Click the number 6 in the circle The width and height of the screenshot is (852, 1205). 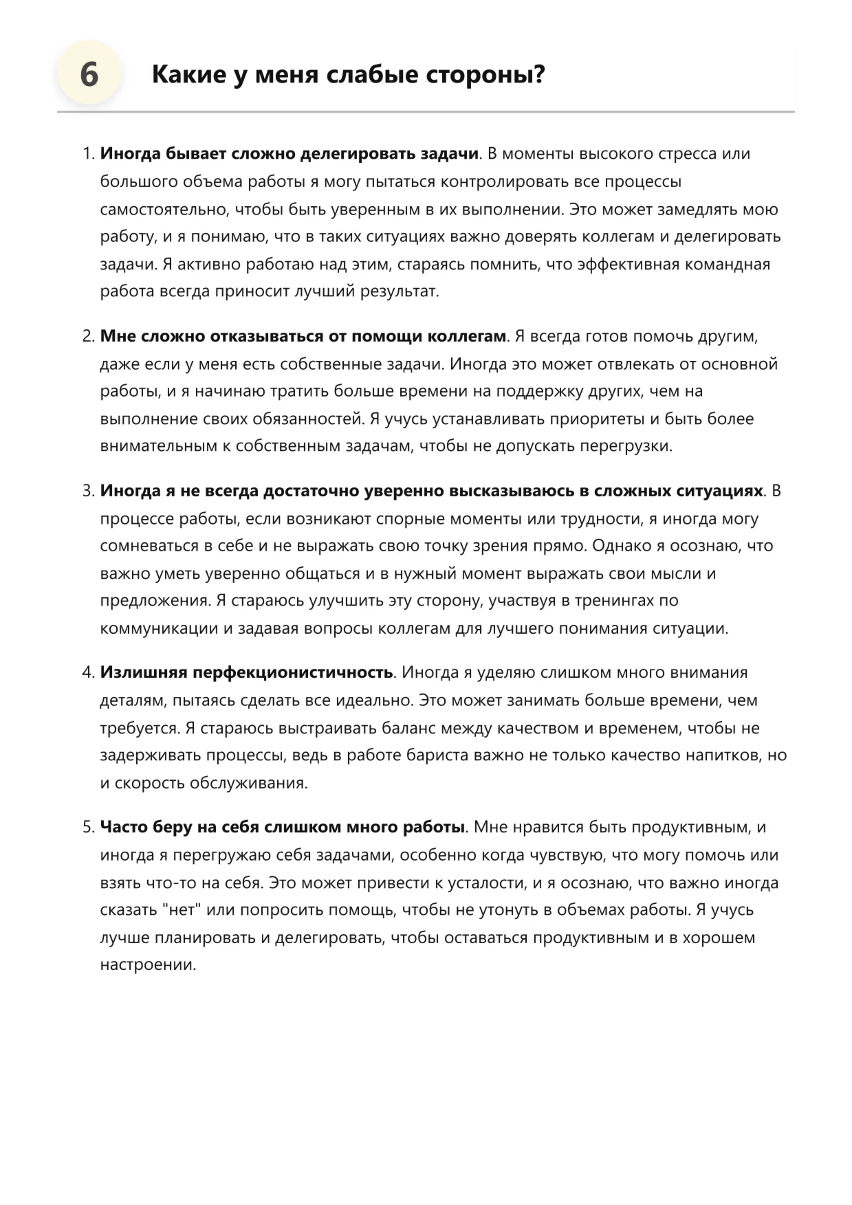(x=89, y=74)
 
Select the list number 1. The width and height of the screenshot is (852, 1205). (x=88, y=154)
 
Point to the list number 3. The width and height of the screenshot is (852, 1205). (x=88, y=491)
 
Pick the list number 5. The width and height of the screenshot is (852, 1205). (x=88, y=828)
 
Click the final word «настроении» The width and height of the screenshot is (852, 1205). (x=147, y=965)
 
